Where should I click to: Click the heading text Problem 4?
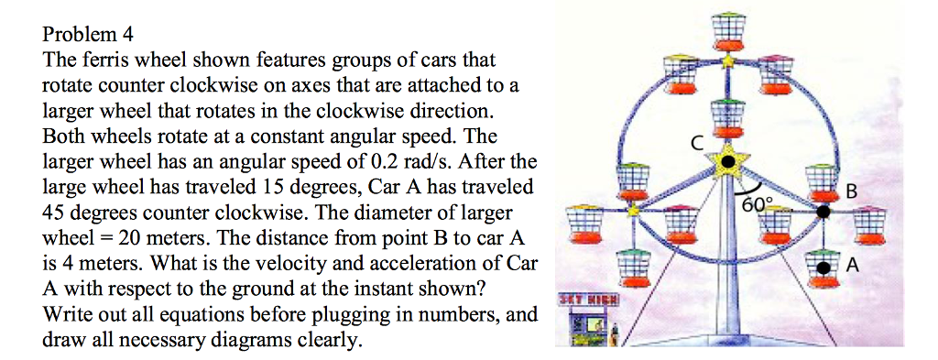88,36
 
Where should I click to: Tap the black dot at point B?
823,212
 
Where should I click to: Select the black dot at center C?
727,162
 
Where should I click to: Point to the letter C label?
697,144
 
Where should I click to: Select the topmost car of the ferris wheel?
728,30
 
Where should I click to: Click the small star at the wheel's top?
728,61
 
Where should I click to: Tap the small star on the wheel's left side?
632,211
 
